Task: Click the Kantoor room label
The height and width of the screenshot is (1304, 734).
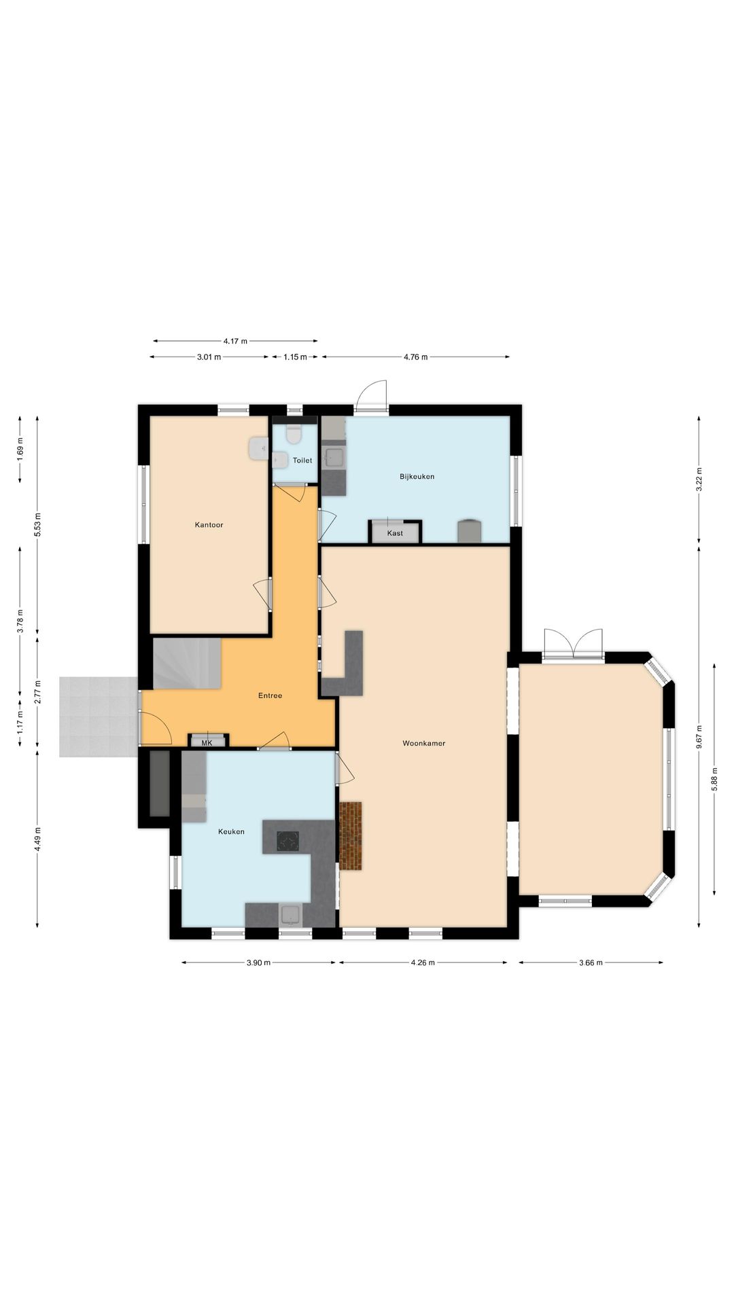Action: coord(209,525)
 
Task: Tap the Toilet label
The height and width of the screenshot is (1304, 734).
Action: coord(302,460)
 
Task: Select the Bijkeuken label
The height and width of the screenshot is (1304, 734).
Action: coord(417,477)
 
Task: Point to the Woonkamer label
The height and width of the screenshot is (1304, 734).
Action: coord(423,744)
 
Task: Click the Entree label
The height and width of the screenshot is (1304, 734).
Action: coord(270,696)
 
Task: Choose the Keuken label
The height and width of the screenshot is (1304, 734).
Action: coord(231,832)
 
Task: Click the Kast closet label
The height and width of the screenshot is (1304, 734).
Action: coord(395,533)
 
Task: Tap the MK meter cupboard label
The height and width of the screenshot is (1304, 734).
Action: coord(207,743)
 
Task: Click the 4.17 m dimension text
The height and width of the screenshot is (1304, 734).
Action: coord(235,341)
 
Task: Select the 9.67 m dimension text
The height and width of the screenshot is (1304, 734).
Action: coord(699,736)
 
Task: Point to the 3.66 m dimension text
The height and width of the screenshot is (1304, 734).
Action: coord(591,962)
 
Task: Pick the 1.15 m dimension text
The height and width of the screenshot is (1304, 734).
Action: coord(295,357)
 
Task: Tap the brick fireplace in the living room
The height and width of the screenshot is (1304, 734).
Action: coord(351,836)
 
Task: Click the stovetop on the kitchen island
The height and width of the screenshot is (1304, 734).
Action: coord(287,841)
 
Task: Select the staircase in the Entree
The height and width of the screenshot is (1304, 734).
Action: coord(187,663)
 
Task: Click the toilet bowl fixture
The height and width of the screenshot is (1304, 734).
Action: coord(294,433)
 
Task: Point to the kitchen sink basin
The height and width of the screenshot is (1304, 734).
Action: coord(291,915)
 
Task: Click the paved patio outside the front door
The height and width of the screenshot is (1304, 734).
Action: coord(99,717)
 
